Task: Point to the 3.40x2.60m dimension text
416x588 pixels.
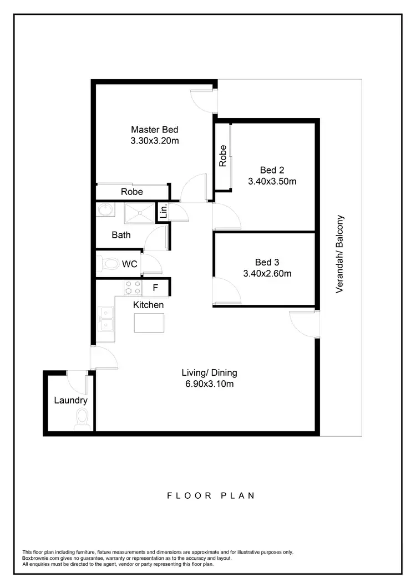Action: pos(267,273)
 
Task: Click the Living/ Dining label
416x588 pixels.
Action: pos(210,372)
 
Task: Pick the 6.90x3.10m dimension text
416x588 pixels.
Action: pos(210,384)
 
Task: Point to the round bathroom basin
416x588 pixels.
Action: pos(105,211)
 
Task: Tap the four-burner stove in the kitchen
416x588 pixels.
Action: pos(133,288)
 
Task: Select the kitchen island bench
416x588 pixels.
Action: pos(149,323)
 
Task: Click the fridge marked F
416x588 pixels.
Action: pos(155,288)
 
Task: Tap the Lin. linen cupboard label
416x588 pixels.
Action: pos(164,211)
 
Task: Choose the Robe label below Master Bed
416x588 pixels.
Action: pos(132,192)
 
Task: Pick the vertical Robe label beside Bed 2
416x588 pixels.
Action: pos(223,156)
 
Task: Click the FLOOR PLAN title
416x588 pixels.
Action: pos(211,495)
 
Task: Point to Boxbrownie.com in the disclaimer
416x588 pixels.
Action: pos(41,558)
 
